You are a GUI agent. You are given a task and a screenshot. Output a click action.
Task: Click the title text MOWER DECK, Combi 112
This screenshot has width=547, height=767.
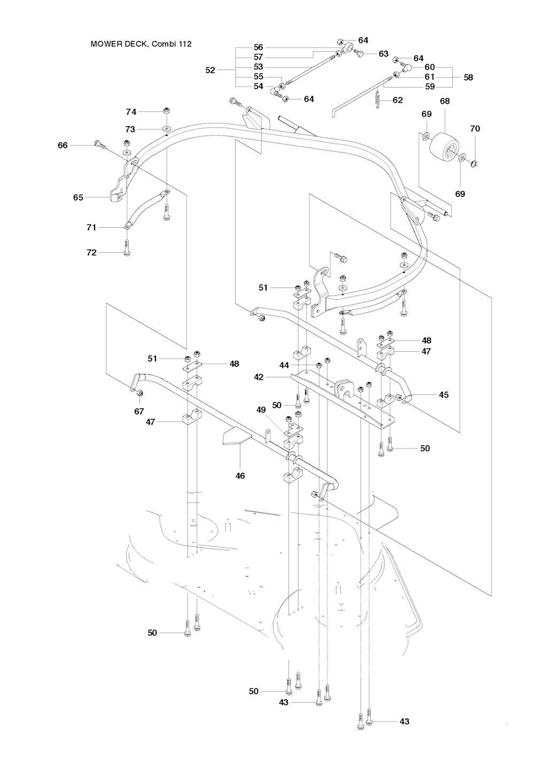(141, 44)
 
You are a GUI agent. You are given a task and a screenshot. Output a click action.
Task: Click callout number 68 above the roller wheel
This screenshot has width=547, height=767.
(445, 101)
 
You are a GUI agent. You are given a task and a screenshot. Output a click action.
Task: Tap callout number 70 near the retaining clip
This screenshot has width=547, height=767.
(475, 129)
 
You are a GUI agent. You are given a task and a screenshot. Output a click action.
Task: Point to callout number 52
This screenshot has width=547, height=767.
(210, 70)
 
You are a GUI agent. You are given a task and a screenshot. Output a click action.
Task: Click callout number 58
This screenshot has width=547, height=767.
(468, 78)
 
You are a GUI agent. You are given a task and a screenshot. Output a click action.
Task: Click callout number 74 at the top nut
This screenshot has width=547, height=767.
(131, 112)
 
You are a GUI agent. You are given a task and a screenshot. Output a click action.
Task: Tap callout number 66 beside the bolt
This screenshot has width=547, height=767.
(63, 145)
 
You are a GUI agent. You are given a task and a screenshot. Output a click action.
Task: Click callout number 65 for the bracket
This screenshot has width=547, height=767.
(79, 197)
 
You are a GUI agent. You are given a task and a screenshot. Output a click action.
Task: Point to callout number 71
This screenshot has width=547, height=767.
(91, 228)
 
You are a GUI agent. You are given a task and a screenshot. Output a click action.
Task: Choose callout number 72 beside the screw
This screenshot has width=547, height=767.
(91, 252)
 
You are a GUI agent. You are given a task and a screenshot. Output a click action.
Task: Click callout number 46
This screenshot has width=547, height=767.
(240, 475)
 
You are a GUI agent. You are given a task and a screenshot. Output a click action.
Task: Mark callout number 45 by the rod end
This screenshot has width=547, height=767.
(444, 395)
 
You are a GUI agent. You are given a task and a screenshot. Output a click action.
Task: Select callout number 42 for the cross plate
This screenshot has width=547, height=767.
(259, 377)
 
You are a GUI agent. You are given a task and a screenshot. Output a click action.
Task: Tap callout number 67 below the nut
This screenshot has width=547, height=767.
(139, 411)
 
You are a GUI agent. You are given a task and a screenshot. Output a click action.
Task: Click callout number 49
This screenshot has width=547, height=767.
(261, 409)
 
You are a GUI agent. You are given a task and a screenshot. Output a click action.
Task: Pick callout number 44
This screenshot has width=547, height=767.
(284, 366)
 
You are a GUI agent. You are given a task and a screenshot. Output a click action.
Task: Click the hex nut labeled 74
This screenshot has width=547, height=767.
(166, 111)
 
